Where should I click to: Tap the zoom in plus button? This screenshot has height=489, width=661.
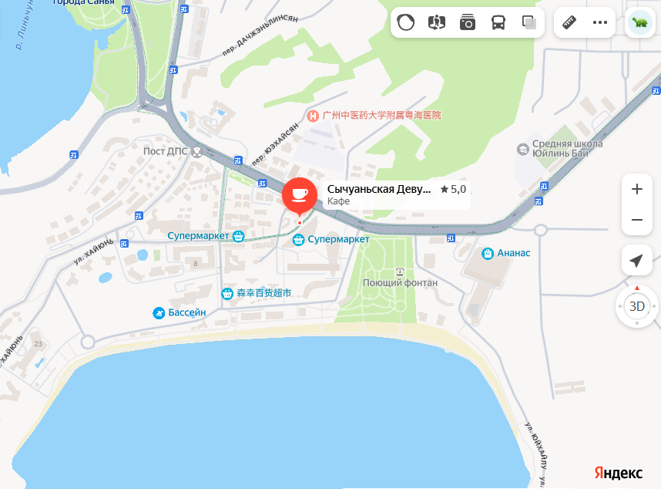click(637, 189)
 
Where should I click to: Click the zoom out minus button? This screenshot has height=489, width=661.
click(637, 220)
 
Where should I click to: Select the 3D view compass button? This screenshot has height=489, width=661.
click(637, 306)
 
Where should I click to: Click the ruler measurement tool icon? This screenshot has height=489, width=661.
click(570, 22)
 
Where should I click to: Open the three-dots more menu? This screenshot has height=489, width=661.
click(600, 22)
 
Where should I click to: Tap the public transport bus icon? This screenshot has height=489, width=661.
click(498, 22)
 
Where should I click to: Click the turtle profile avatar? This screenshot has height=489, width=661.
click(639, 22)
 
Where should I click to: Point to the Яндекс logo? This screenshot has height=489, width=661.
click(619, 472)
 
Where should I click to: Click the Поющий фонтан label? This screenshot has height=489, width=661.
click(400, 282)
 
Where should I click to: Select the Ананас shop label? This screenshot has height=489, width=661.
click(513, 253)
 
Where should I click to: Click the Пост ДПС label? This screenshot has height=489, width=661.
click(166, 150)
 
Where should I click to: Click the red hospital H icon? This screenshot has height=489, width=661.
click(313, 116)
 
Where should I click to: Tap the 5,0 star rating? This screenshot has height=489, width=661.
click(454, 189)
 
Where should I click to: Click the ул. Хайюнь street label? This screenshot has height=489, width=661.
click(94, 251)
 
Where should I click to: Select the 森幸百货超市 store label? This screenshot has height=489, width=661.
click(263, 293)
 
